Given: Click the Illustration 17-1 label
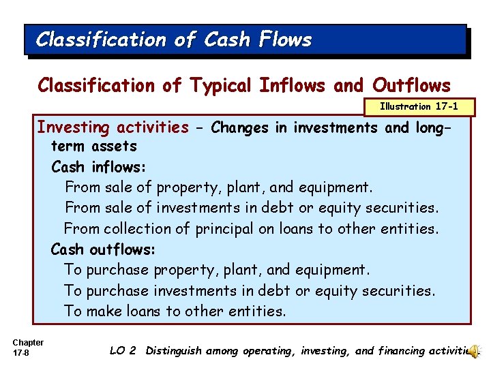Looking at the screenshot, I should point(419,106).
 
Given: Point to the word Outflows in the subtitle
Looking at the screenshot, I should point(411,86).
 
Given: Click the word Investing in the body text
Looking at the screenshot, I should point(76,127).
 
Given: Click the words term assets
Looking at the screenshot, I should point(94,146).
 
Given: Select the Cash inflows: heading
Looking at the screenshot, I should point(98,167).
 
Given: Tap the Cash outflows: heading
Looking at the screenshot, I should point(103,249).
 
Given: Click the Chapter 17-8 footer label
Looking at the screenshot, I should point(28,348).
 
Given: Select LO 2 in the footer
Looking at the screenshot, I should point(123,351).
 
